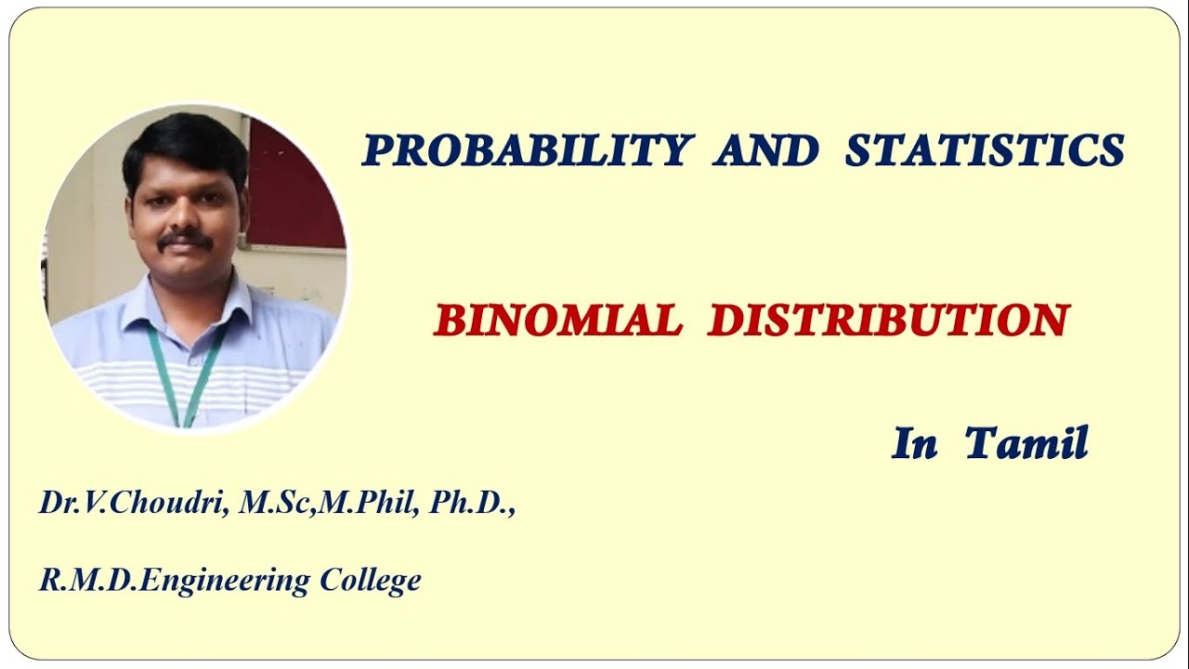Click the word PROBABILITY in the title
528,151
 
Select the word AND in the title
766,151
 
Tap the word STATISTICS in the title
985,151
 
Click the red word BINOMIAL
557,321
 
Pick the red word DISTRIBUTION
888,321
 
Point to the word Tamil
1026,444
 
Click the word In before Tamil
914,444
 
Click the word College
371,581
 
